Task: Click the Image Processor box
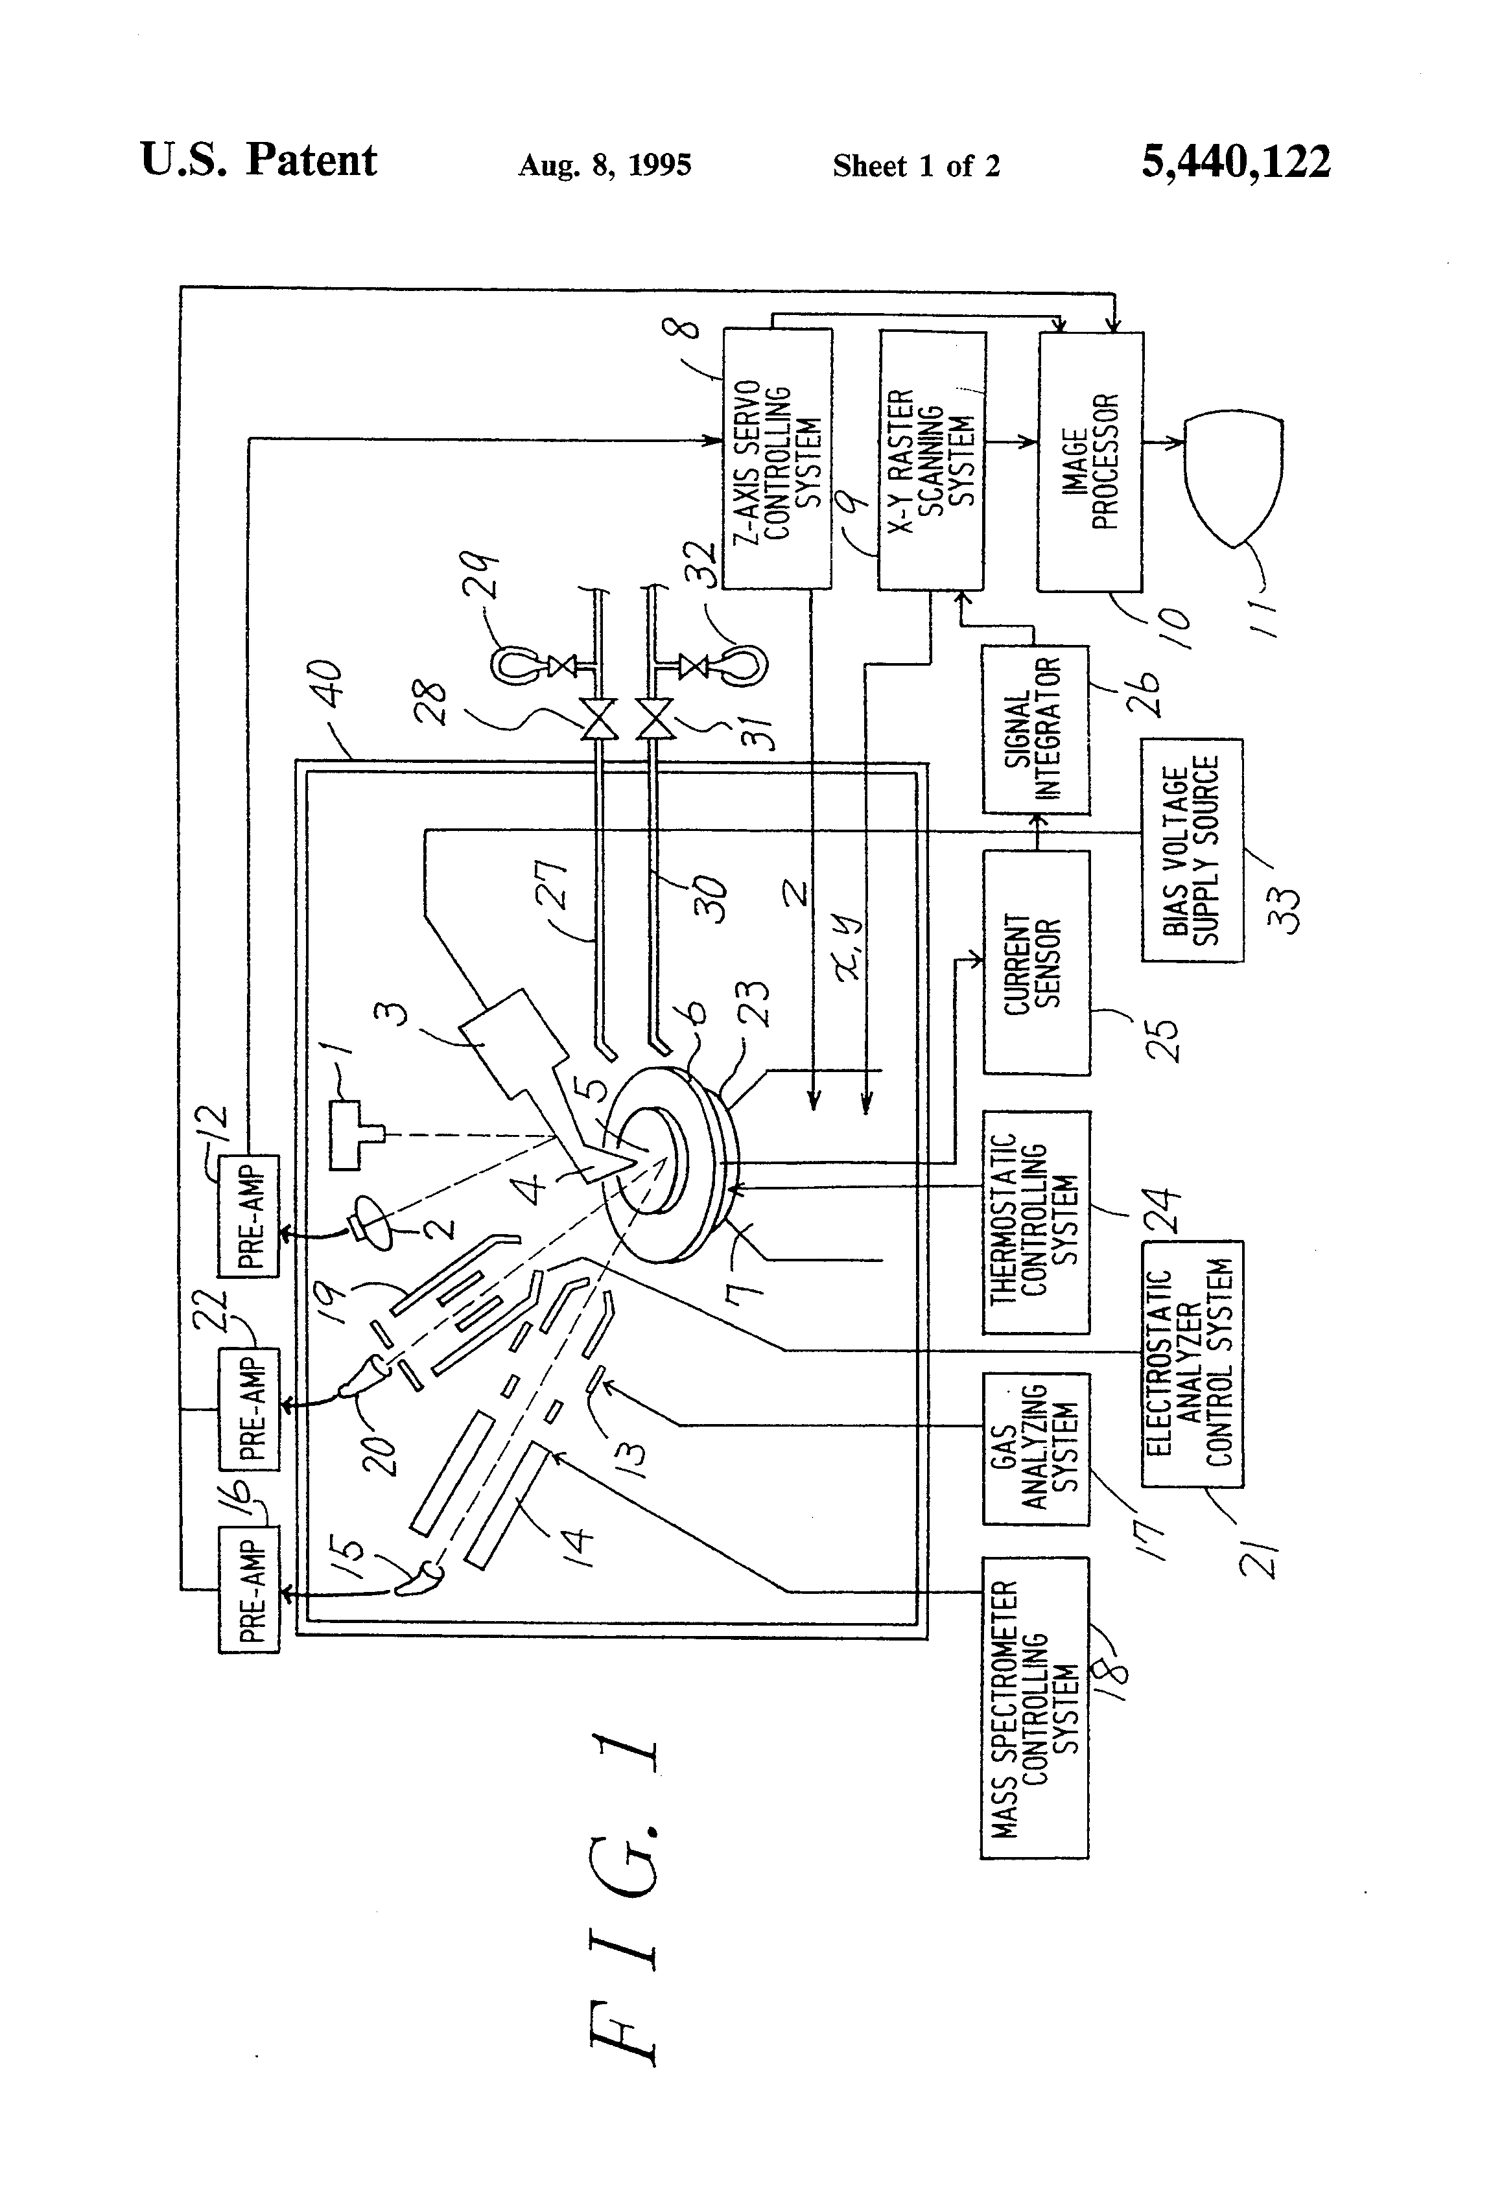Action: tap(1090, 462)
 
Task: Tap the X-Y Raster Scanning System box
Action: tap(931, 460)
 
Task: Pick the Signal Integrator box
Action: tap(1036, 729)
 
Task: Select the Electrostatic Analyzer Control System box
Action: tap(1192, 1363)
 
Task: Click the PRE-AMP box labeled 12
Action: tap(249, 1216)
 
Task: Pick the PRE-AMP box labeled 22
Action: tap(249, 1408)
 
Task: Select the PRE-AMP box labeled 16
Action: tap(249, 1589)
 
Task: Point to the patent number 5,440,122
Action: tap(1235, 161)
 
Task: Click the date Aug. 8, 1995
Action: tap(605, 165)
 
